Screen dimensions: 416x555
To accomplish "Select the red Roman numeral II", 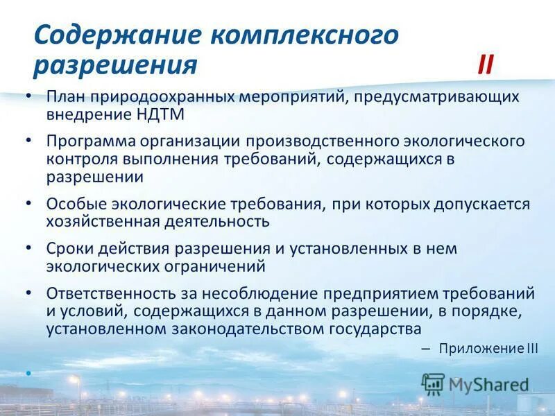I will point(485,66).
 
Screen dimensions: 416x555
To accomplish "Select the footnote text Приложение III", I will point(488,349).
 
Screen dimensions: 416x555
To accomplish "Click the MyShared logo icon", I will point(433,384).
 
